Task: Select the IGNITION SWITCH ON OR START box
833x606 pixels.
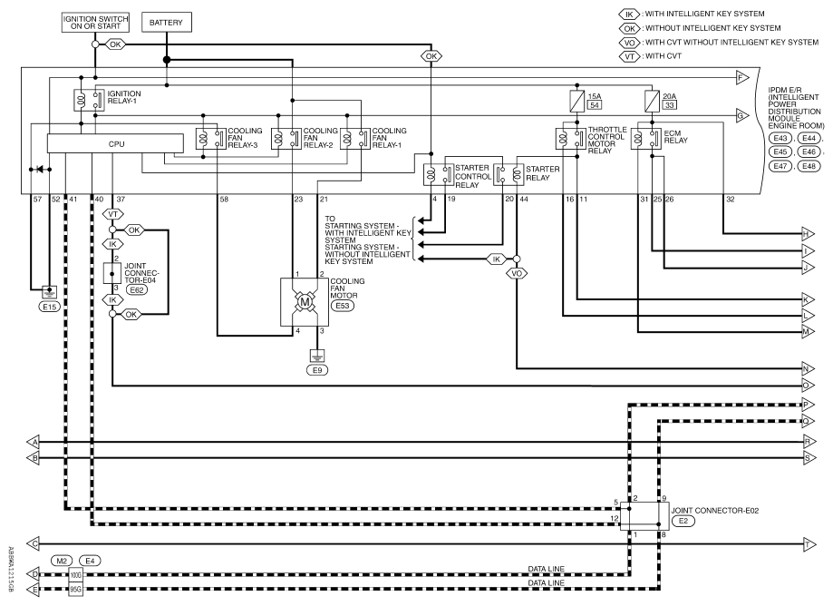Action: point(94,22)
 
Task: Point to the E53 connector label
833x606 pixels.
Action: point(342,306)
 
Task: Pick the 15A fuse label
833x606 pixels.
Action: point(595,95)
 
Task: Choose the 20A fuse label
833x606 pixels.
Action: point(671,95)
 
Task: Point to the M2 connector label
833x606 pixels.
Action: point(63,559)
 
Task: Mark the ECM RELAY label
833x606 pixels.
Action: point(676,137)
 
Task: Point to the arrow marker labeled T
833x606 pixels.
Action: point(809,544)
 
